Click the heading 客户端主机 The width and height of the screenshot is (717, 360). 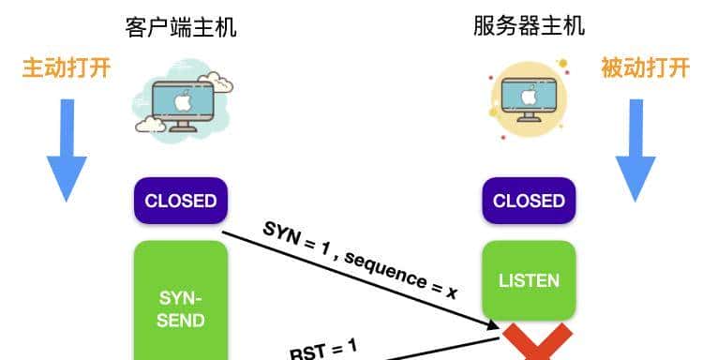(180, 26)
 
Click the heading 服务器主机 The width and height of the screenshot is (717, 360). (529, 25)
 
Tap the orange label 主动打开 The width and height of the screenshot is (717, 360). (66, 67)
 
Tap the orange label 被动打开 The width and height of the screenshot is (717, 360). (646, 67)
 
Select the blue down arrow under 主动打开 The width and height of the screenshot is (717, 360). (67, 148)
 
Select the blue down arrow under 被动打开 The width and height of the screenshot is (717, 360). (635, 148)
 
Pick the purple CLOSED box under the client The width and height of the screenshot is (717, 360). (180, 201)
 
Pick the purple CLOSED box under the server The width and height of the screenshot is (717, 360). (529, 201)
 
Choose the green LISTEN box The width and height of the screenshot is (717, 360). (529, 280)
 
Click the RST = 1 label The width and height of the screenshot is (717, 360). (323, 349)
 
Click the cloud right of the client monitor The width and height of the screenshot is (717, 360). (221, 82)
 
